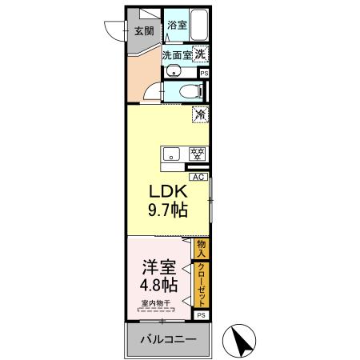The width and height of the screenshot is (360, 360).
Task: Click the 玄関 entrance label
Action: (x=143, y=32)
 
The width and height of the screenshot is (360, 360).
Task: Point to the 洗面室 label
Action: (x=177, y=55)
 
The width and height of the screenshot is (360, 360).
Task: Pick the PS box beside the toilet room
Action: (x=204, y=74)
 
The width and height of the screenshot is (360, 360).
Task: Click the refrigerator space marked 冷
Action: (x=200, y=115)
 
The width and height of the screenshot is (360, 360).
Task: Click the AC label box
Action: (x=197, y=178)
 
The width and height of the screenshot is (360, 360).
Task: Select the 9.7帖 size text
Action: (x=166, y=211)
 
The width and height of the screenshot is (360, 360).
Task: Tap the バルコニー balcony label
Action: (x=168, y=340)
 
